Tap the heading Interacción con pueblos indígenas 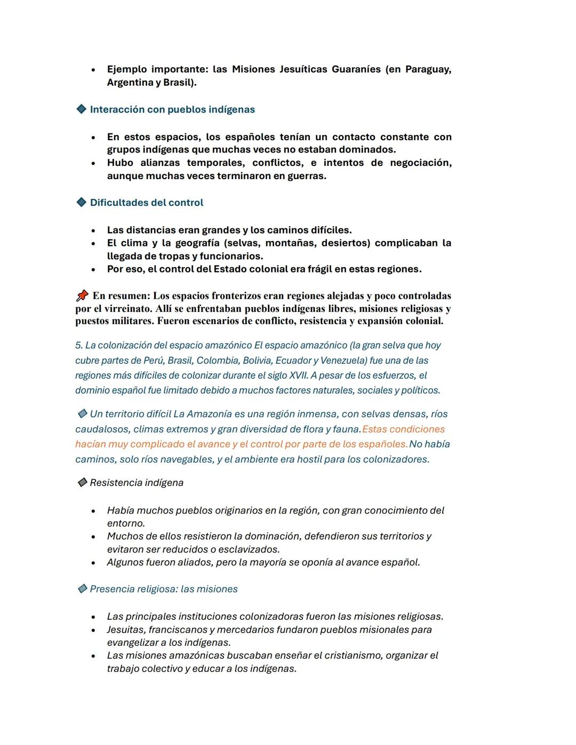point(172,109)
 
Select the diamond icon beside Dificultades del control point(82,202)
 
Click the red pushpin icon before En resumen point(82,295)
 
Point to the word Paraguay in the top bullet point(428,69)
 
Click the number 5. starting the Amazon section point(79,346)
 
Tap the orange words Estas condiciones point(403,429)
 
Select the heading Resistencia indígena point(137,483)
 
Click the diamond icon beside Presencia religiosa point(82,589)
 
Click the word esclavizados point(248,549)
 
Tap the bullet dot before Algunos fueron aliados point(93,563)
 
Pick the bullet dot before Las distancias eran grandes point(93,230)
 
